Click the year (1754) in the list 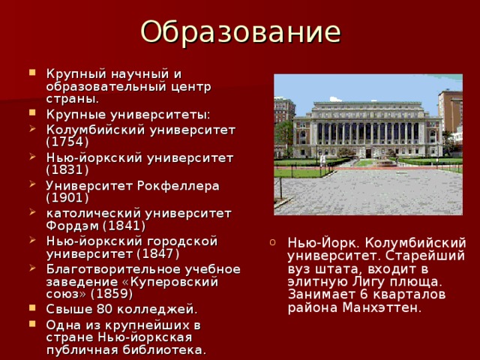pos(67,142)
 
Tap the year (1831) pos(67,170)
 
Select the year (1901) pos(67,198)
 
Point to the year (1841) pos(124,226)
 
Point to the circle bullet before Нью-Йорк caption pos(275,242)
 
